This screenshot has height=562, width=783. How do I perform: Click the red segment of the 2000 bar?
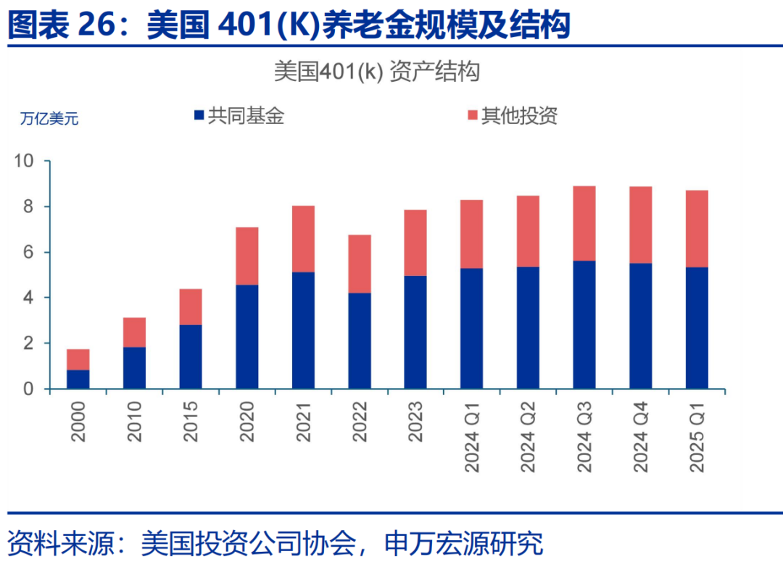coord(78,359)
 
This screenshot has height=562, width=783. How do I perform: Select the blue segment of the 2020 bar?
coord(246,337)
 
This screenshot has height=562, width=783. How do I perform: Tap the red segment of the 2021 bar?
coord(303,239)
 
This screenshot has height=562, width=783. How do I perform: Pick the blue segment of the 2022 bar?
coord(360,340)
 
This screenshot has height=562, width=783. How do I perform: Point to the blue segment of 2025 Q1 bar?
coord(697,327)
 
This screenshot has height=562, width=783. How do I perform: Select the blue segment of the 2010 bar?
coord(134,368)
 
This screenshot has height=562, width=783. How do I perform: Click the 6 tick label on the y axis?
coord(30,252)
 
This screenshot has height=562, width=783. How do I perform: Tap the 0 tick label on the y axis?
coord(30,389)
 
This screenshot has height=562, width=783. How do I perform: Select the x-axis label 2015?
coord(191,421)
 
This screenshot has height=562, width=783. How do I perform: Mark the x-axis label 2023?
coord(416,421)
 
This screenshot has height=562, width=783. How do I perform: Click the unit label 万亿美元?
coord(49,119)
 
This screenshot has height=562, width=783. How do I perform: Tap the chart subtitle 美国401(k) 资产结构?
coord(377,72)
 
